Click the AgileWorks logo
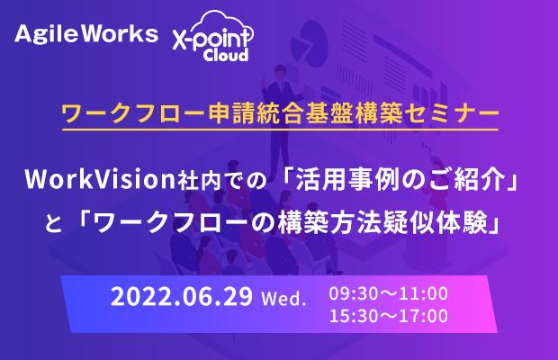[x=86, y=34]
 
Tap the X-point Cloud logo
[x=212, y=36]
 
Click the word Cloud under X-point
[x=226, y=54]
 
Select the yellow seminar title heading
[x=281, y=113]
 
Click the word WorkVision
[x=100, y=179]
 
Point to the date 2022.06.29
[x=182, y=296]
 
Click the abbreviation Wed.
[x=283, y=298]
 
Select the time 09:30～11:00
[x=388, y=293]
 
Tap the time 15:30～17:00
[x=388, y=316]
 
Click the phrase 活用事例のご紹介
[x=400, y=179]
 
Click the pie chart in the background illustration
[x=309, y=44]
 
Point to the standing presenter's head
[x=281, y=72]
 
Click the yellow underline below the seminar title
[x=281, y=130]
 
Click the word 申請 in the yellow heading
[x=232, y=113]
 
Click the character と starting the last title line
[x=53, y=224]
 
